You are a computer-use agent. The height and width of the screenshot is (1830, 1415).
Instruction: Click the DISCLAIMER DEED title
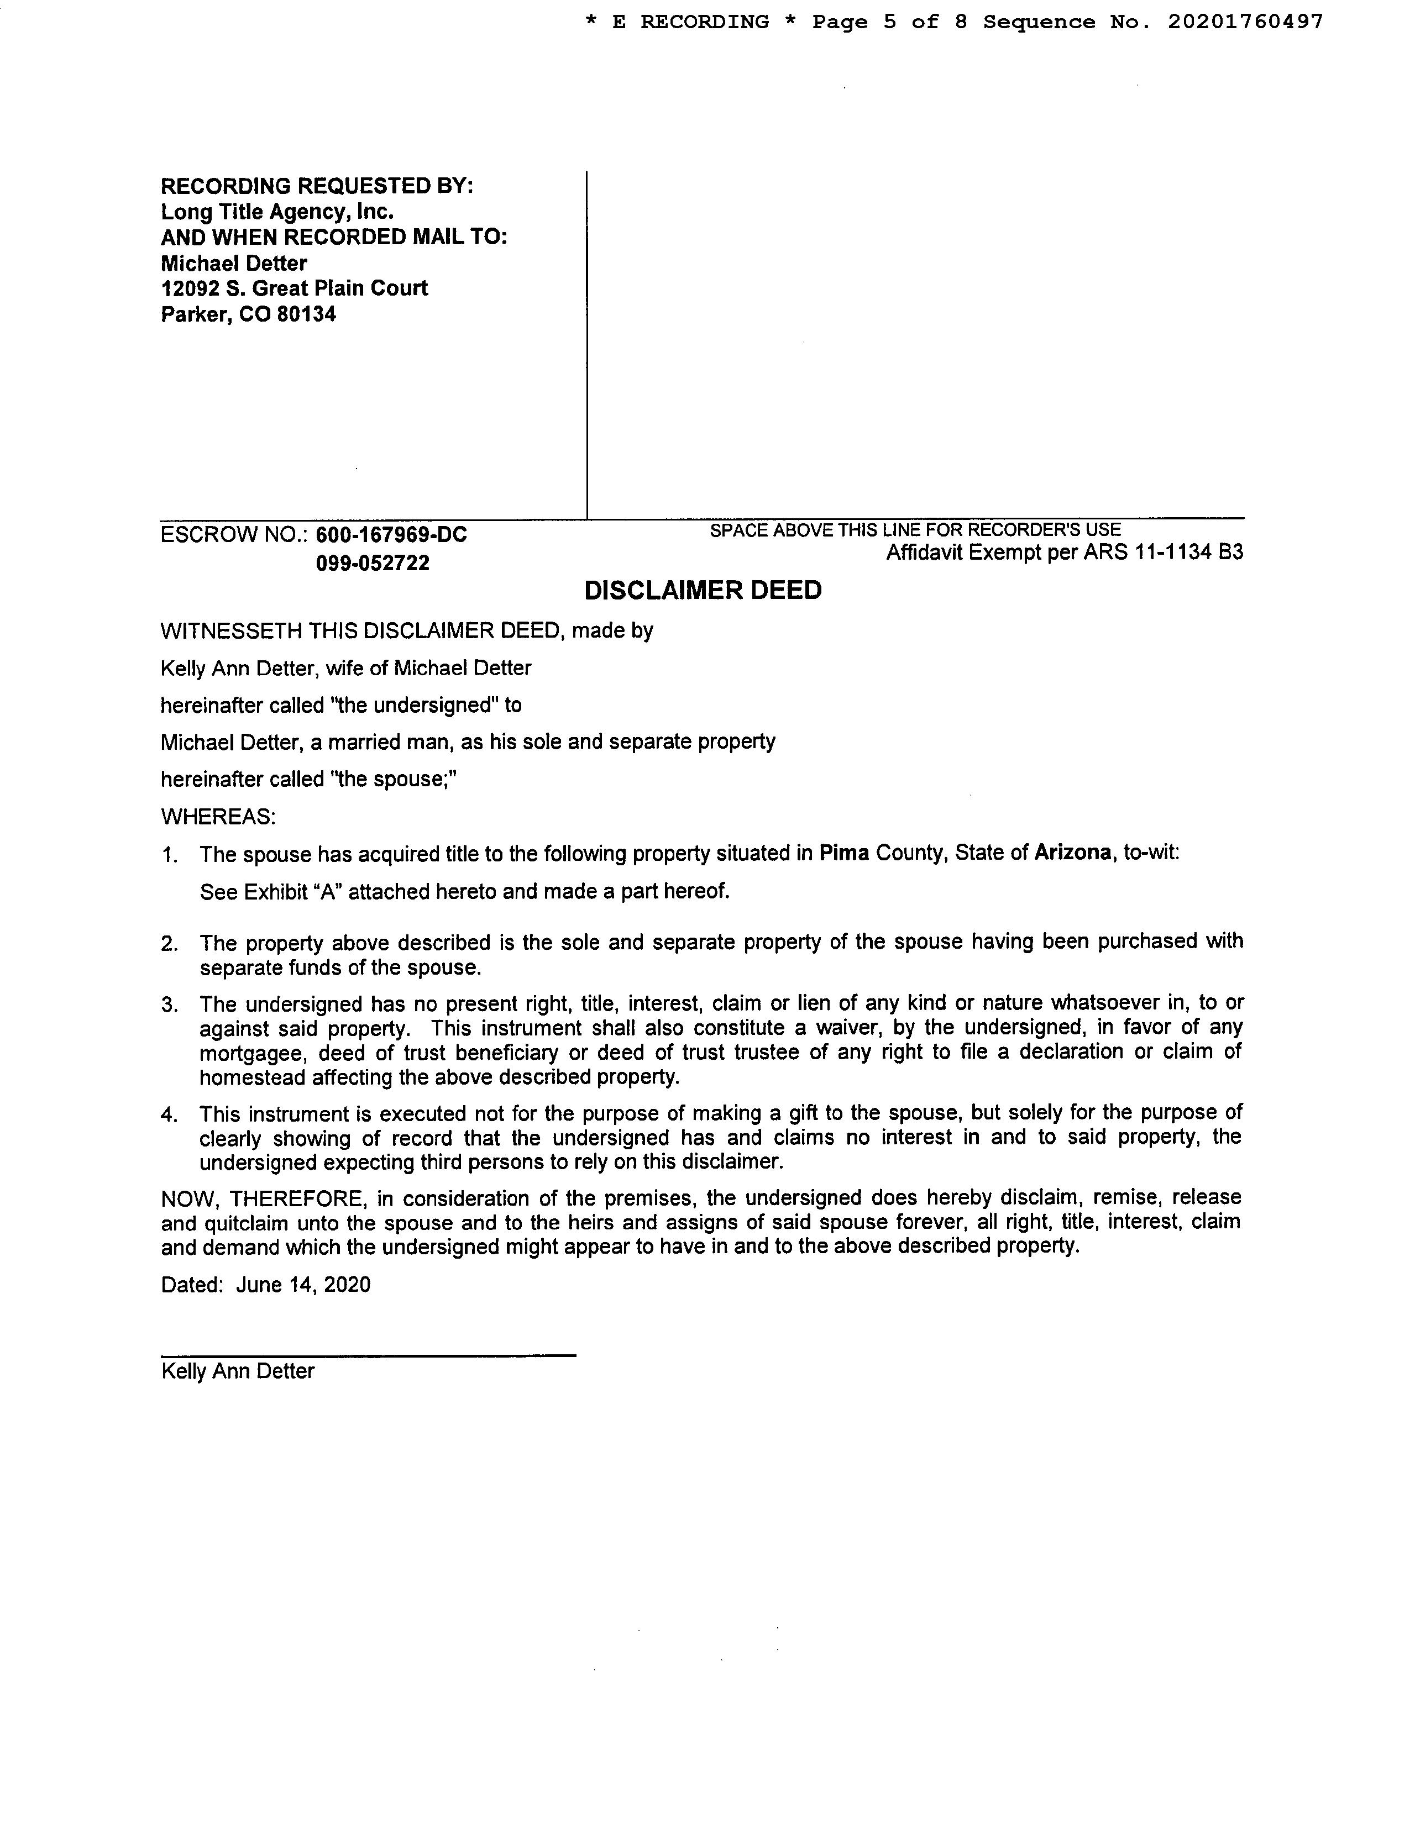703,591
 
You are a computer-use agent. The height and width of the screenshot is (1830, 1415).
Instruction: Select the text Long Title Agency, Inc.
277,211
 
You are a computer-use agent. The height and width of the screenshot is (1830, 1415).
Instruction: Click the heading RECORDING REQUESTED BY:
317,185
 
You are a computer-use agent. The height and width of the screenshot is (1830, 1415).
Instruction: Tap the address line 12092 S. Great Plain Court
294,288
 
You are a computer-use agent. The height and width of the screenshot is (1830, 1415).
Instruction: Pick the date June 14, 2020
303,1285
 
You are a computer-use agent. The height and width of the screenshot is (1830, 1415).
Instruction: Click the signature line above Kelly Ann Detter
368,1355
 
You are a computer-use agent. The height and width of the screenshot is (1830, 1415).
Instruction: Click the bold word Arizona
1073,853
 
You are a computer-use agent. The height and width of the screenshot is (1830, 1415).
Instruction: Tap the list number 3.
169,1004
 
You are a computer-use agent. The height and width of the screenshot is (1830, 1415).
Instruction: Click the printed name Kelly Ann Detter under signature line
238,1371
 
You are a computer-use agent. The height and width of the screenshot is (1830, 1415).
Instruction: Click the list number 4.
169,1114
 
